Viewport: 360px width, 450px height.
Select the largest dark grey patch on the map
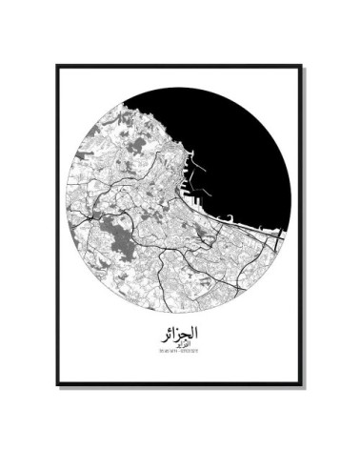coord(122,234)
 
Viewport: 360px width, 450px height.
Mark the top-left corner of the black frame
coord(57,66)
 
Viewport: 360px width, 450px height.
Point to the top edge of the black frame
coord(179,66)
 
